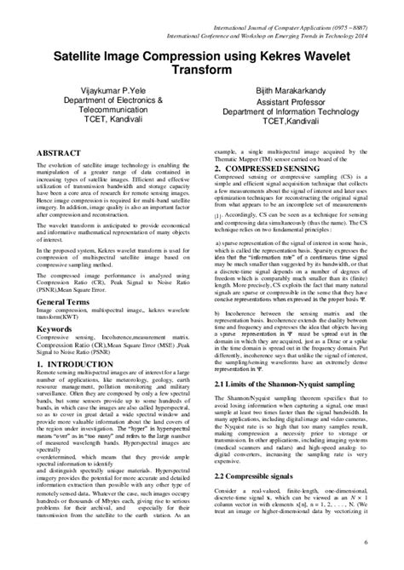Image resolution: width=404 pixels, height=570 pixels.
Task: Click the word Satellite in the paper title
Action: pyautogui.click(x=83, y=51)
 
